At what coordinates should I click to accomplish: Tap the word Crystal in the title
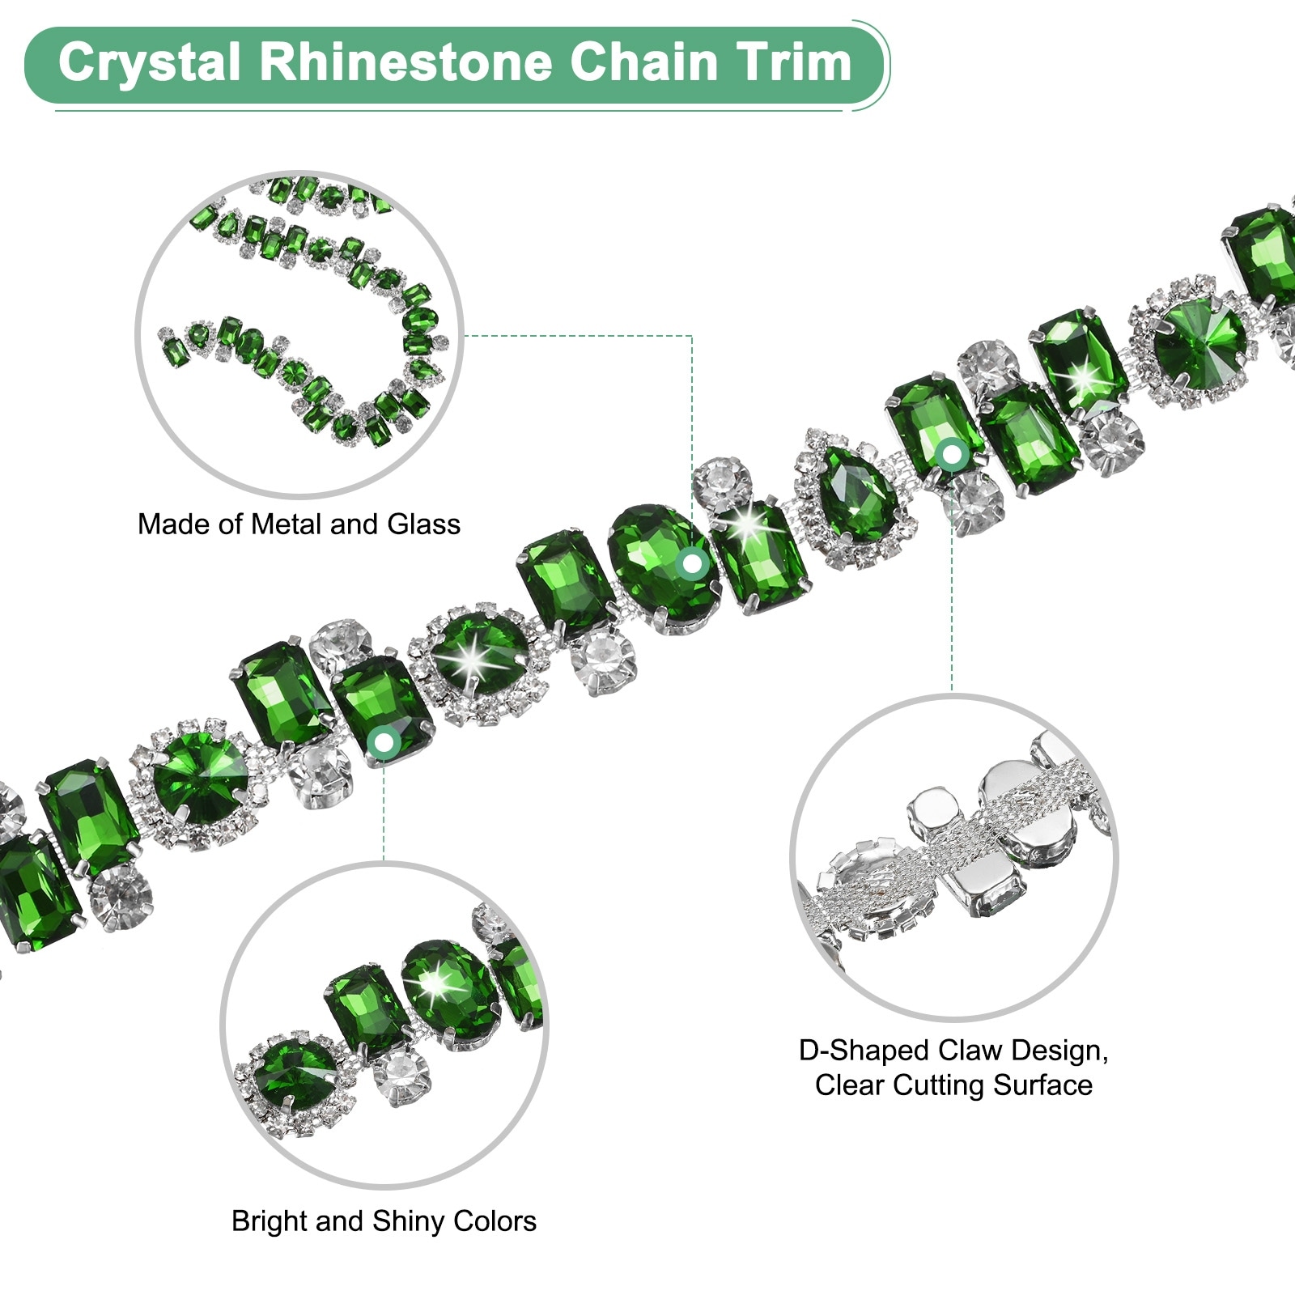[150, 62]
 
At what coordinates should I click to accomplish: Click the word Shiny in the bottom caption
[408, 1221]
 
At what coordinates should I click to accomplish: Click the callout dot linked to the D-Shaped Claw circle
[952, 454]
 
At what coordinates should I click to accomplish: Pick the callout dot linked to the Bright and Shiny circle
[384, 741]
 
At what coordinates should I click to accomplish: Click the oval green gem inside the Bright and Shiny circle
[448, 993]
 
